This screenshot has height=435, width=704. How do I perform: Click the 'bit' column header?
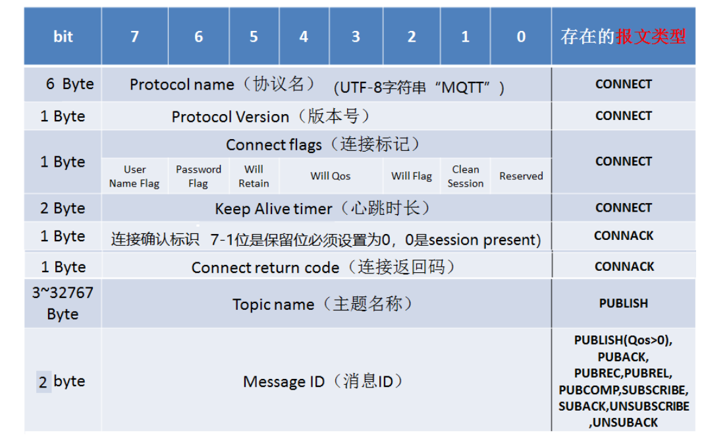point(63,36)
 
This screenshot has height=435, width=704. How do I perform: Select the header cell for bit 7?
point(135,36)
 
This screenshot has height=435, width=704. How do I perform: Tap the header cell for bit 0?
point(521,36)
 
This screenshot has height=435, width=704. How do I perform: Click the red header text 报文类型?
point(651,36)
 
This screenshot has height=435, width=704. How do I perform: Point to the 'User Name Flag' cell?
point(135,176)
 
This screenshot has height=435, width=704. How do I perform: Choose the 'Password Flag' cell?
point(198,176)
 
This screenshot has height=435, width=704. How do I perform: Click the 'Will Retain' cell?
point(254,176)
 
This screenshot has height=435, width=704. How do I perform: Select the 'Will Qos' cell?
point(331,176)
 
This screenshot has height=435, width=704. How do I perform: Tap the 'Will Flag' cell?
point(412,176)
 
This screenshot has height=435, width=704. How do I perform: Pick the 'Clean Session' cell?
point(466,176)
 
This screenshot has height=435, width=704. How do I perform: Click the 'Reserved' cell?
point(521,176)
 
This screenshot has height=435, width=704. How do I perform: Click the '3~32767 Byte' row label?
point(63,303)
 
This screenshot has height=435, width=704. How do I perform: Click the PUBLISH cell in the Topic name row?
point(624,303)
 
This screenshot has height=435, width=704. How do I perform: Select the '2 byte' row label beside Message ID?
point(63,381)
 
